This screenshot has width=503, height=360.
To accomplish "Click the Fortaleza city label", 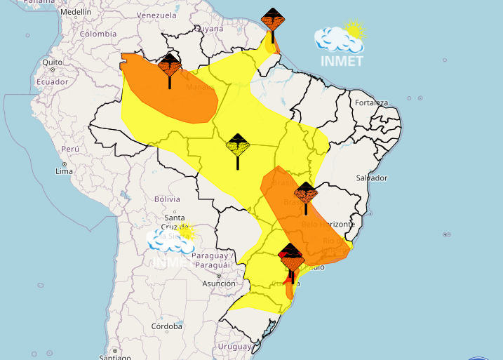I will (x=371, y=103).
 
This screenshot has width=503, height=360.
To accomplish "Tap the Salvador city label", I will (x=371, y=178).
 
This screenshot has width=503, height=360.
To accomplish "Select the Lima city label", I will (x=64, y=171).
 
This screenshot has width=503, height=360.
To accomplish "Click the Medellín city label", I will (x=76, y=13).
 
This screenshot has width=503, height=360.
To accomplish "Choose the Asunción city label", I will (x=218, y=284).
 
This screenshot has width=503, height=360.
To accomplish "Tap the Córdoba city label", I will (x=167, y=326).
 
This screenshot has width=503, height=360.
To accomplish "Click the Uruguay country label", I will (x=234, y=347).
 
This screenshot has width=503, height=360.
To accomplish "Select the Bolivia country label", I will (x=167, y=199).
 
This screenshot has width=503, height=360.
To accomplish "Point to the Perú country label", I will (x=69, y=149).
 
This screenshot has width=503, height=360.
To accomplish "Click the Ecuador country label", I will (x=53, y=82).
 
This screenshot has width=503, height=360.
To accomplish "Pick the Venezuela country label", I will (x=156, y=15).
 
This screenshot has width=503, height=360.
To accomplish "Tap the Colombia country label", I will (x=98, y=34).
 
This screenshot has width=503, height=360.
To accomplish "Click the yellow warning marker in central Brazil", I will (x=238, y=146).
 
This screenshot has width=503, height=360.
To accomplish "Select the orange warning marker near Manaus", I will (x=170, y=67).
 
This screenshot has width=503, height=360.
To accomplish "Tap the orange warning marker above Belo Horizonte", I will (x=305, y=193).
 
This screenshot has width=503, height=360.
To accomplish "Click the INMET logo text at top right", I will (x=341, y=60).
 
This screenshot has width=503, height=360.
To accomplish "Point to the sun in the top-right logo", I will (x=354, y=30).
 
